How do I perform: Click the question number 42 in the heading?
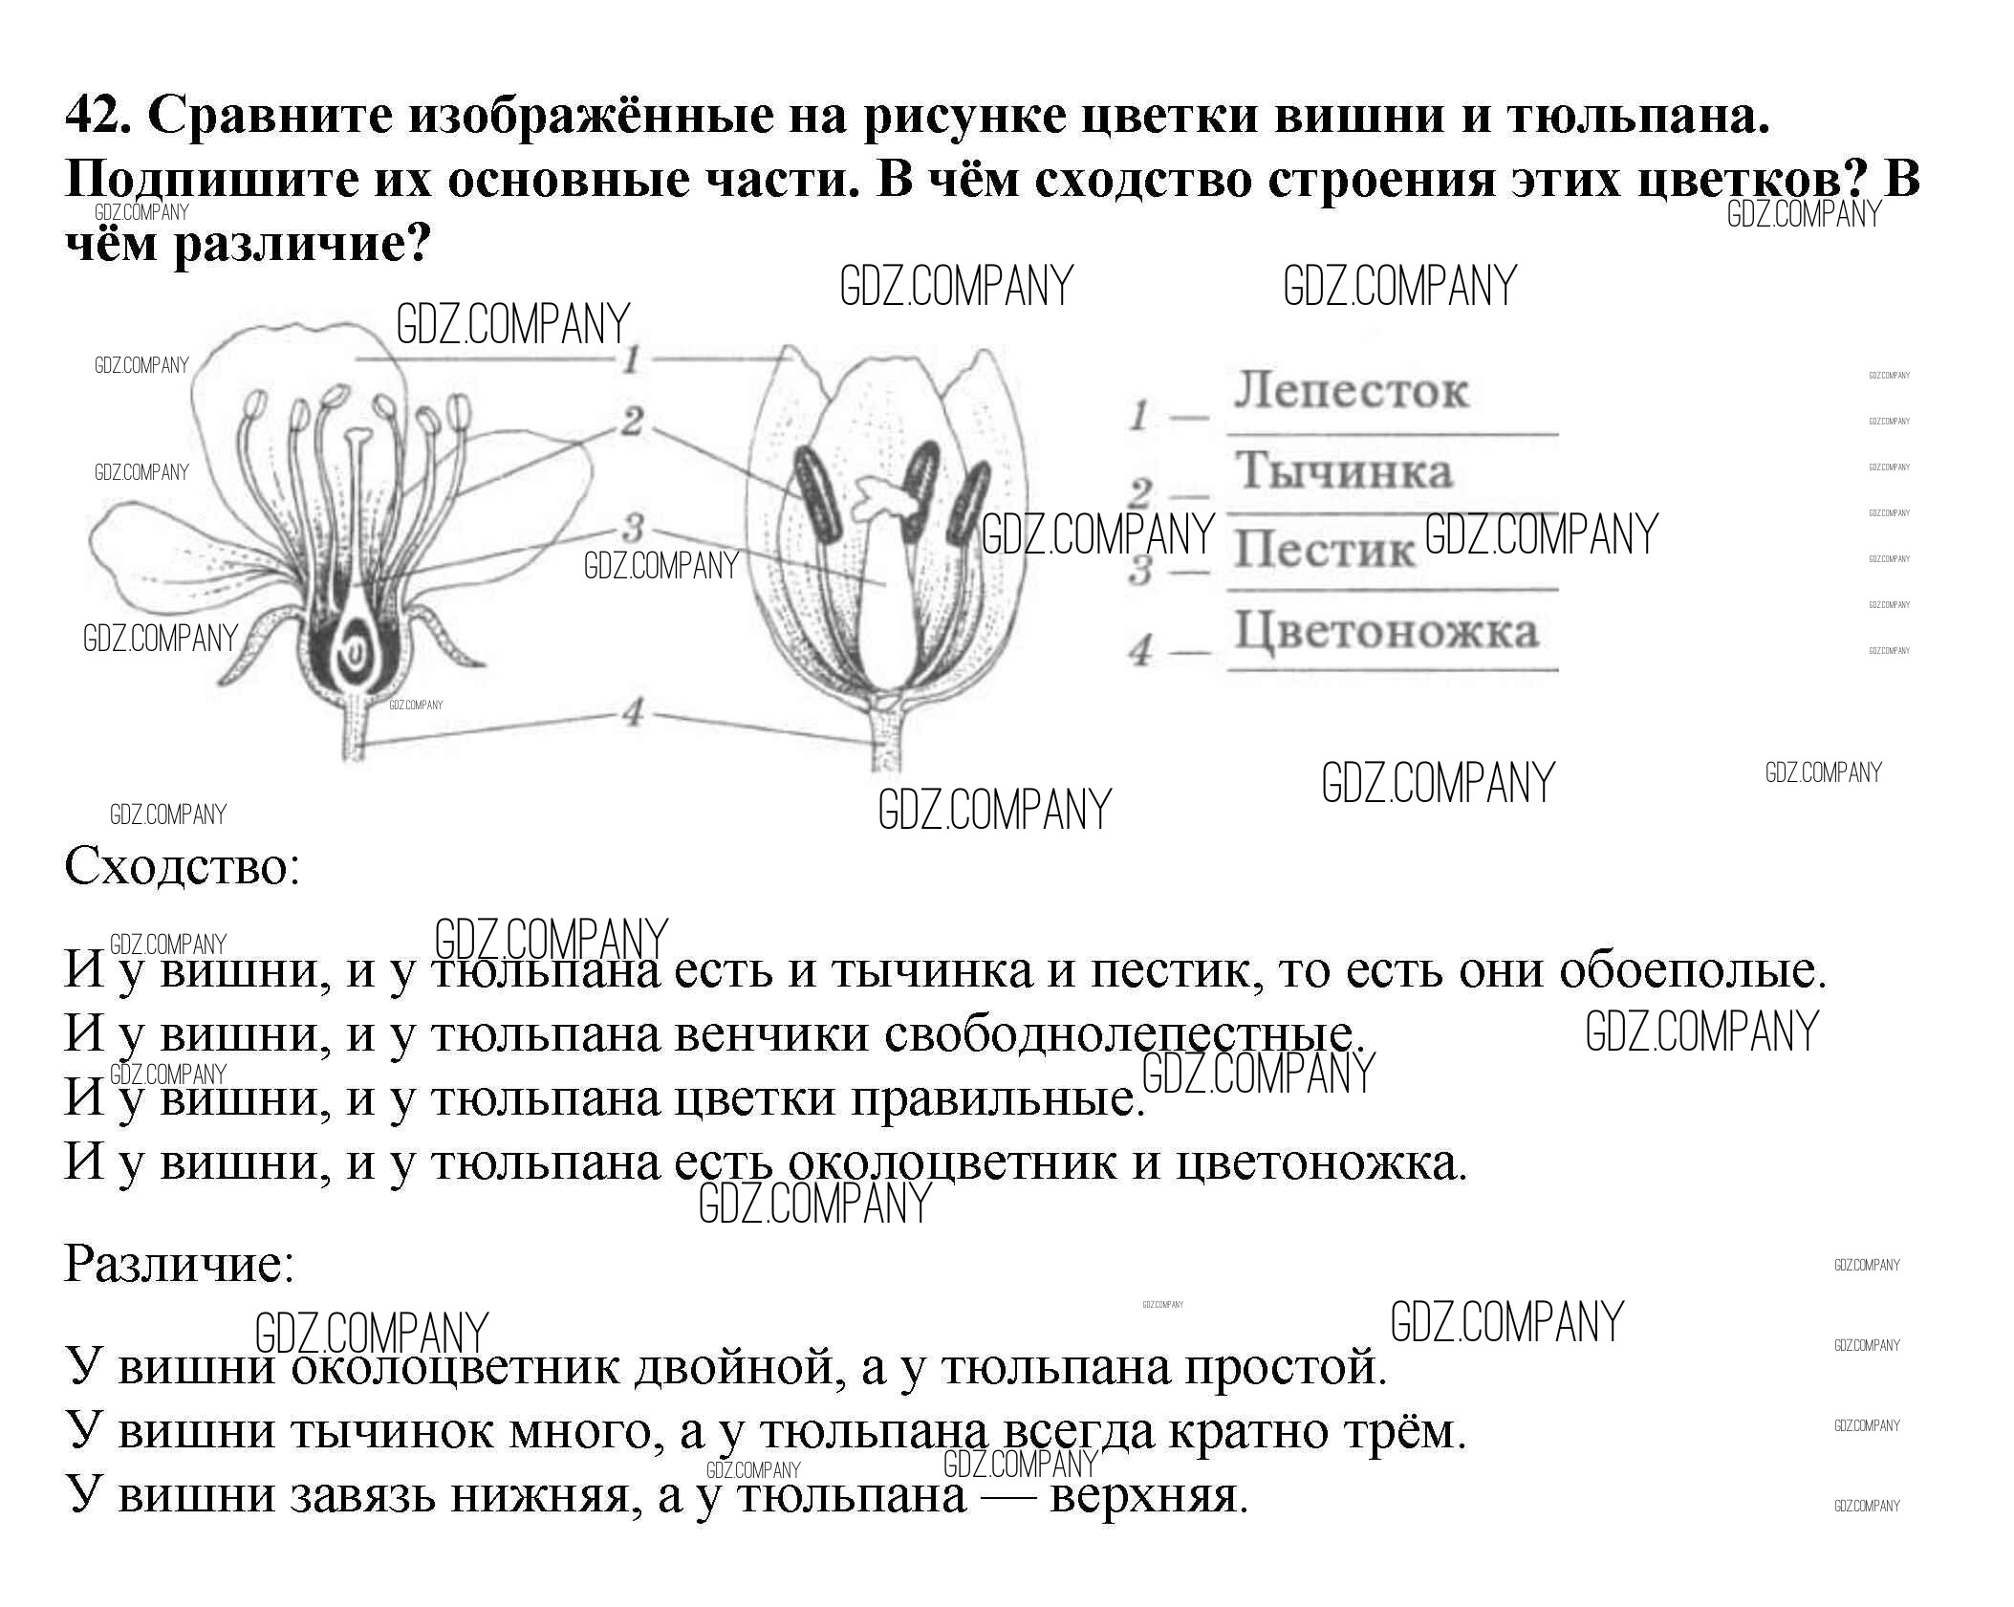[x=94, y=117]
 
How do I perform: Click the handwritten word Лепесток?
[x=1350, y=391]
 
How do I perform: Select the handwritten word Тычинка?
[x=1344, y=471]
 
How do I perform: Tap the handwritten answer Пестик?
[x=1323, y=550]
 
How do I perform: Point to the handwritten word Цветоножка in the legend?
[x=1386, y=631]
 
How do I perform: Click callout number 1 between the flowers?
[x=632, y=360]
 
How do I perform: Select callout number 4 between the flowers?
[x=632, y=712]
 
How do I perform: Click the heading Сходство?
[x=182, y=868]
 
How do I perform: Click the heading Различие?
[x=179, y=1265]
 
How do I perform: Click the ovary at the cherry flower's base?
[x=353, y=654]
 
